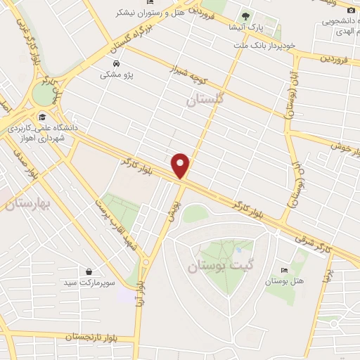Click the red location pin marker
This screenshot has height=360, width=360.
pos(181,165)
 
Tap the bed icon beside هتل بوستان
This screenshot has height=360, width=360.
pos(284,271)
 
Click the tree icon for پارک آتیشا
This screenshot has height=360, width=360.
pos(245,15)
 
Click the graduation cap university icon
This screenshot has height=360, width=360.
pos(43,117)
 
